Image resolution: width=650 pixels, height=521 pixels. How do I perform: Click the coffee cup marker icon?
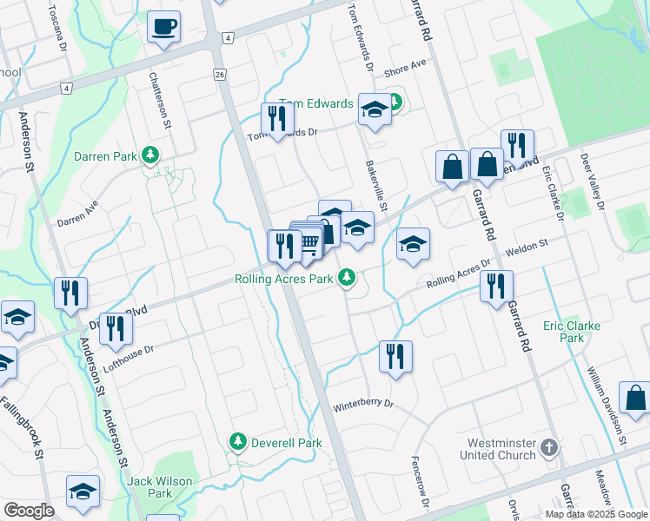163,26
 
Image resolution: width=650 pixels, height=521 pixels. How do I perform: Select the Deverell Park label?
287,443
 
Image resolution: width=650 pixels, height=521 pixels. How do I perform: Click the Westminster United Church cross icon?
547,447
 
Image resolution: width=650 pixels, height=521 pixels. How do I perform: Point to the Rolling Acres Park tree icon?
347,278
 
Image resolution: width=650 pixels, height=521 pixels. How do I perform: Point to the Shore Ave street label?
405,67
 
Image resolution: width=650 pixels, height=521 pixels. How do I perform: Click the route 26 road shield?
220,75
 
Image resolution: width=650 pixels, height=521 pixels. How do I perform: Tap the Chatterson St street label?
160,100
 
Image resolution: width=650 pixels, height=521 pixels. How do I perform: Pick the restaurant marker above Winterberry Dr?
395,355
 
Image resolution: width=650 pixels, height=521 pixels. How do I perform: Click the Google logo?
30,511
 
